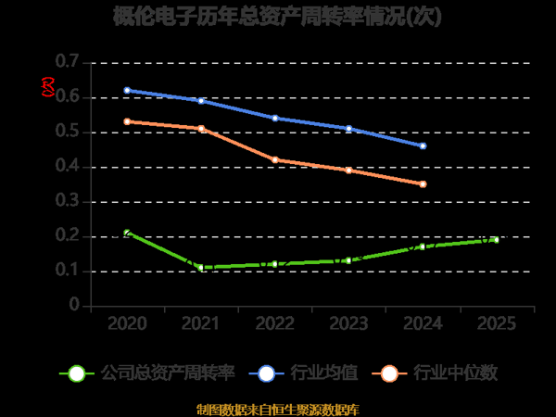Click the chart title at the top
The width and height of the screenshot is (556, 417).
coord(277,17)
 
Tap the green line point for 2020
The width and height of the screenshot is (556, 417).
coord(127,233)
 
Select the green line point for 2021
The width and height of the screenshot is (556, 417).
coord(201,268)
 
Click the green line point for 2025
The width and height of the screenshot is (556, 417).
coord(496,240)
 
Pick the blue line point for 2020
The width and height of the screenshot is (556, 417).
coord(127,90)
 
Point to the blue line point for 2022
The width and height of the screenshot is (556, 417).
coord(275,118)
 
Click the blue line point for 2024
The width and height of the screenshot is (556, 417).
coord(423,145)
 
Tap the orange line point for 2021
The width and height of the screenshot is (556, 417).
coord(201,129)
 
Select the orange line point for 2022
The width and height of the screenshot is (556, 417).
coord(275,159)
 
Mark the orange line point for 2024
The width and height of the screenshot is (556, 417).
coord(423,184)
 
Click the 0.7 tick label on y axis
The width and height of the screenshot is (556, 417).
coord(68,62)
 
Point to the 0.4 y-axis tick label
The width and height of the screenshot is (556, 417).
coord(68,167)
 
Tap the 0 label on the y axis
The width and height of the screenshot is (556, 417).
coord(74,307)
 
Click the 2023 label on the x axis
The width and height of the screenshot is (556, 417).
coord(348,324)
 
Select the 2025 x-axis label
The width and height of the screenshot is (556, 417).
coord(496,324)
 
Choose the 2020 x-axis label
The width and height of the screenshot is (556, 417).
coord(127,324)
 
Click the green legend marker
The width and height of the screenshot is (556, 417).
coord(77,373)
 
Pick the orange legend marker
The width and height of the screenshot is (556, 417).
coord(390,373)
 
